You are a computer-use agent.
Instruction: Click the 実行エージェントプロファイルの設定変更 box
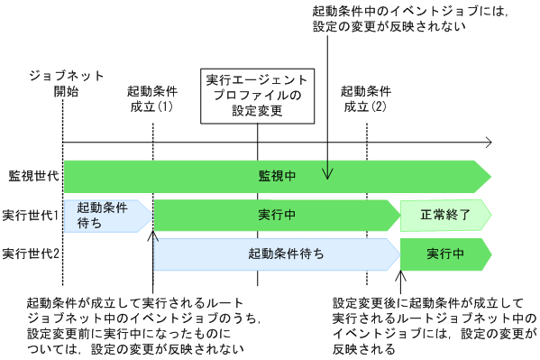pyautogui.click(x=258, y=95)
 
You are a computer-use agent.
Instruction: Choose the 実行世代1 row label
pyautogui.click(x=31, y=216)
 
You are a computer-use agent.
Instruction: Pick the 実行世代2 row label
pyautogui.click(x=31, y=254)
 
